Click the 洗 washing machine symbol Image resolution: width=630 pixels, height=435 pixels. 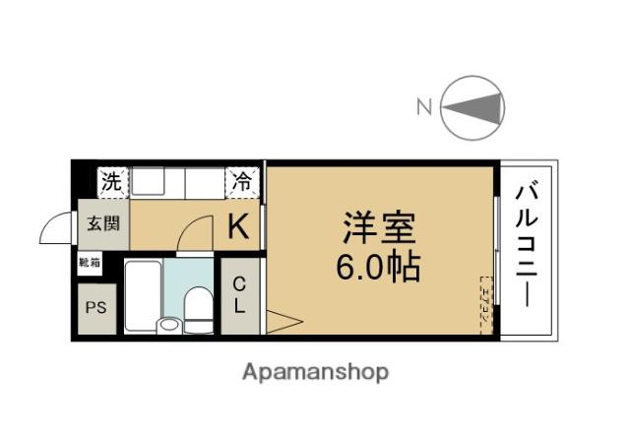click(x=113, y=182)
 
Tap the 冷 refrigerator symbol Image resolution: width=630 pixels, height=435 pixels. click(x=241, y=182)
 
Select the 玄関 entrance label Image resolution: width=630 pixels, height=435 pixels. click(x=102, y=223)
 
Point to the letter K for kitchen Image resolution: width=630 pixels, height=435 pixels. click(x=238, y=227)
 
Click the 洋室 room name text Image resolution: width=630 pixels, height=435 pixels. click(x=379, y=228)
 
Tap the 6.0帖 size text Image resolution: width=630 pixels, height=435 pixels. click(x=379, y=266)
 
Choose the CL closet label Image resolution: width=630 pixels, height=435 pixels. click(x=239, y=294)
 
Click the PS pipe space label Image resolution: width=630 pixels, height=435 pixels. click(x=95, y=306)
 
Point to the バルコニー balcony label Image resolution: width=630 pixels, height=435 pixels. click(x=528, y=246)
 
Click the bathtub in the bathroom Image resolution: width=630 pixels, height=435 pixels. click(x=143, y=294)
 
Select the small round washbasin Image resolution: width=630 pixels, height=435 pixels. click(x=170, y=323)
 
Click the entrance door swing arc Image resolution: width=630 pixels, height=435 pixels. click(x=55, y=229)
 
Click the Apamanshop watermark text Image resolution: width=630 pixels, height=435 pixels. click(x=314, y=372)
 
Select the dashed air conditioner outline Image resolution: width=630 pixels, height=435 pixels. click(x=484, y=306)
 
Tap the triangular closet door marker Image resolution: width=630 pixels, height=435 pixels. click(x=280, y=321)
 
